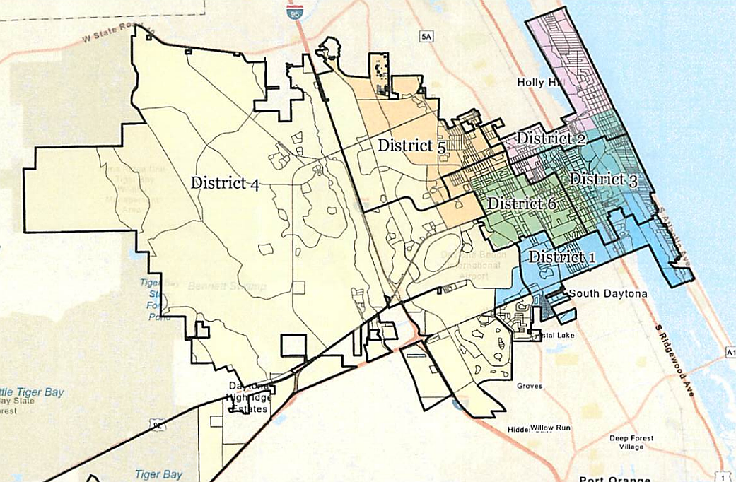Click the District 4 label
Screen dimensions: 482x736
[225, 183]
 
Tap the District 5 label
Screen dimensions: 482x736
[411, 146]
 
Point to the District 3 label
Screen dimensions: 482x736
[603, 180]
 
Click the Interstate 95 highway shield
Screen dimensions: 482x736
[293, 12]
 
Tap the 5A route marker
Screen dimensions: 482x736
[425, 37]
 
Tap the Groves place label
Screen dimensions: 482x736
[530, 386]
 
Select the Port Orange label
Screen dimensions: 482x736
[614, 478]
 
